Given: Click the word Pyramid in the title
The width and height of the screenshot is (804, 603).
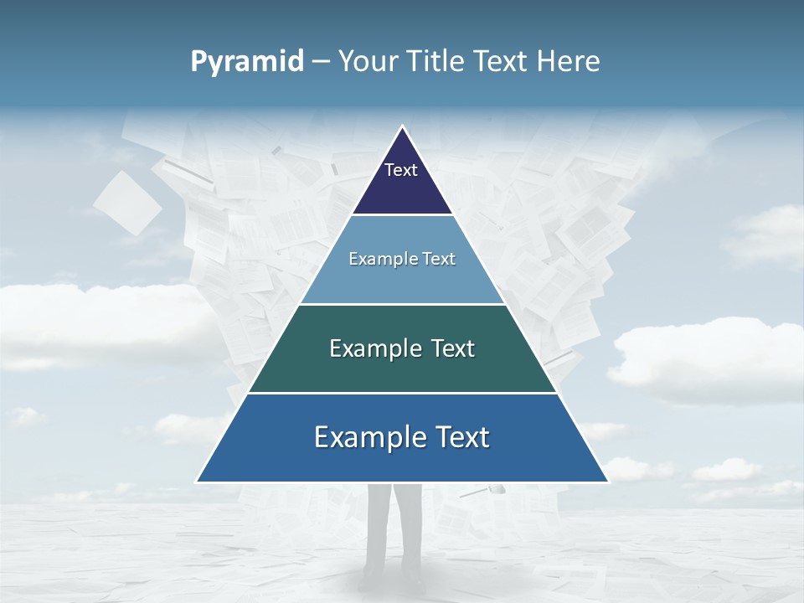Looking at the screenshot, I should [x=247, y=62].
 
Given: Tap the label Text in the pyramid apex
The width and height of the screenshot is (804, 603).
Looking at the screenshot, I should [x=400, y=170].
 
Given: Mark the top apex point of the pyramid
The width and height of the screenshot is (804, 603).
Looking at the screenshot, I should [x=402, y=126].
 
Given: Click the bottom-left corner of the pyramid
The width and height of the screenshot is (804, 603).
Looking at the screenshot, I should [x=197, y=482].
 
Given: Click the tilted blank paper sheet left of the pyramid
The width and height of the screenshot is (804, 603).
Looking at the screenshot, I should [x=127, y=204].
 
